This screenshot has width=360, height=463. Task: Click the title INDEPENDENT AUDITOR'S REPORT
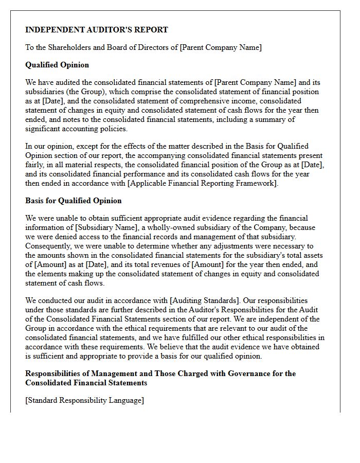(97, 30)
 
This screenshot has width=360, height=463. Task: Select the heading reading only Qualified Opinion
(57, 65)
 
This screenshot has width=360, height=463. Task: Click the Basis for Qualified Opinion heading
(74, 201)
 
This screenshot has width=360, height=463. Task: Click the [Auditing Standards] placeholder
(203, 300)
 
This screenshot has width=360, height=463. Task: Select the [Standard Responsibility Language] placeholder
(84, 400)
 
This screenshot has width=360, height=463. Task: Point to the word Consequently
(47, 246)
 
